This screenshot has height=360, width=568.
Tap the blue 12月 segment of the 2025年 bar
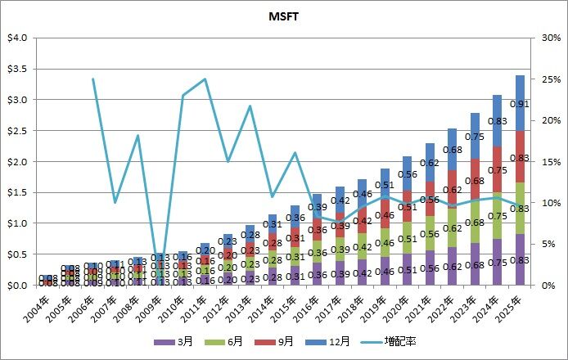pos(519,103)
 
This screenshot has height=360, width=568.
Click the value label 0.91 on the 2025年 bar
pos(519,104)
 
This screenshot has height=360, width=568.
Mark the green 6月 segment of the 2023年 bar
pos(474,222)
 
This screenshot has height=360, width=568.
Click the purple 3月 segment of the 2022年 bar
pos(452,266)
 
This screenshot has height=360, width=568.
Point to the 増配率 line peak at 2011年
pos(205,79)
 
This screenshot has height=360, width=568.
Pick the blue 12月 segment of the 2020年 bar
pos(407,173)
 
